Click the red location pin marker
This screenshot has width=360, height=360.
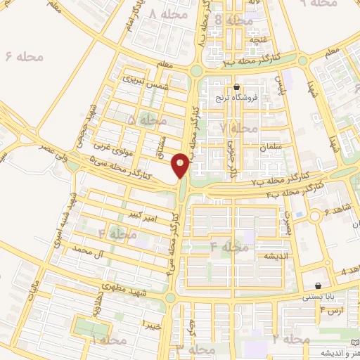coord(181,166)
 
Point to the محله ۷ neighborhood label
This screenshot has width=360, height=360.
coord(238,128)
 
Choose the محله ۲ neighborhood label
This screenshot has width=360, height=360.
coord(290,340)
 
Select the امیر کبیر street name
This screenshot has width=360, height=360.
coord(137,214)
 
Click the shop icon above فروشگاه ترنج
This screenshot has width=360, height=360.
coord(247,87)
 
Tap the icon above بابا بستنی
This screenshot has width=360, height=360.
coord(320,286)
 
